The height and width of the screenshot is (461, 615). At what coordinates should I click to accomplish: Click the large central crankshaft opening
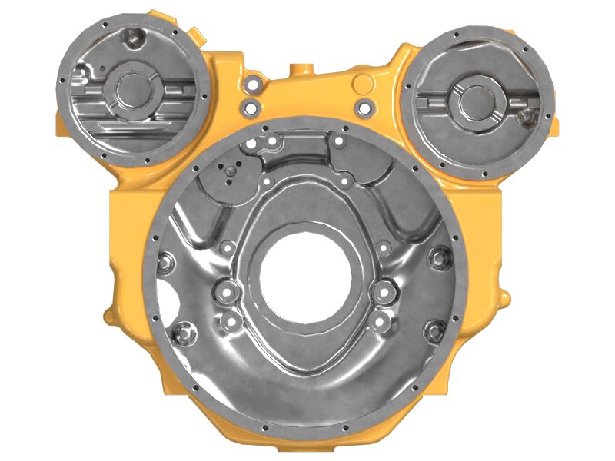tap(307, 277)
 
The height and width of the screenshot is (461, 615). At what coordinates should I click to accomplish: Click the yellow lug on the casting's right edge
tap(505, 294)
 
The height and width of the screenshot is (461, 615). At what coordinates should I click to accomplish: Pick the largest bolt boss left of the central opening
tap(225, 291)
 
